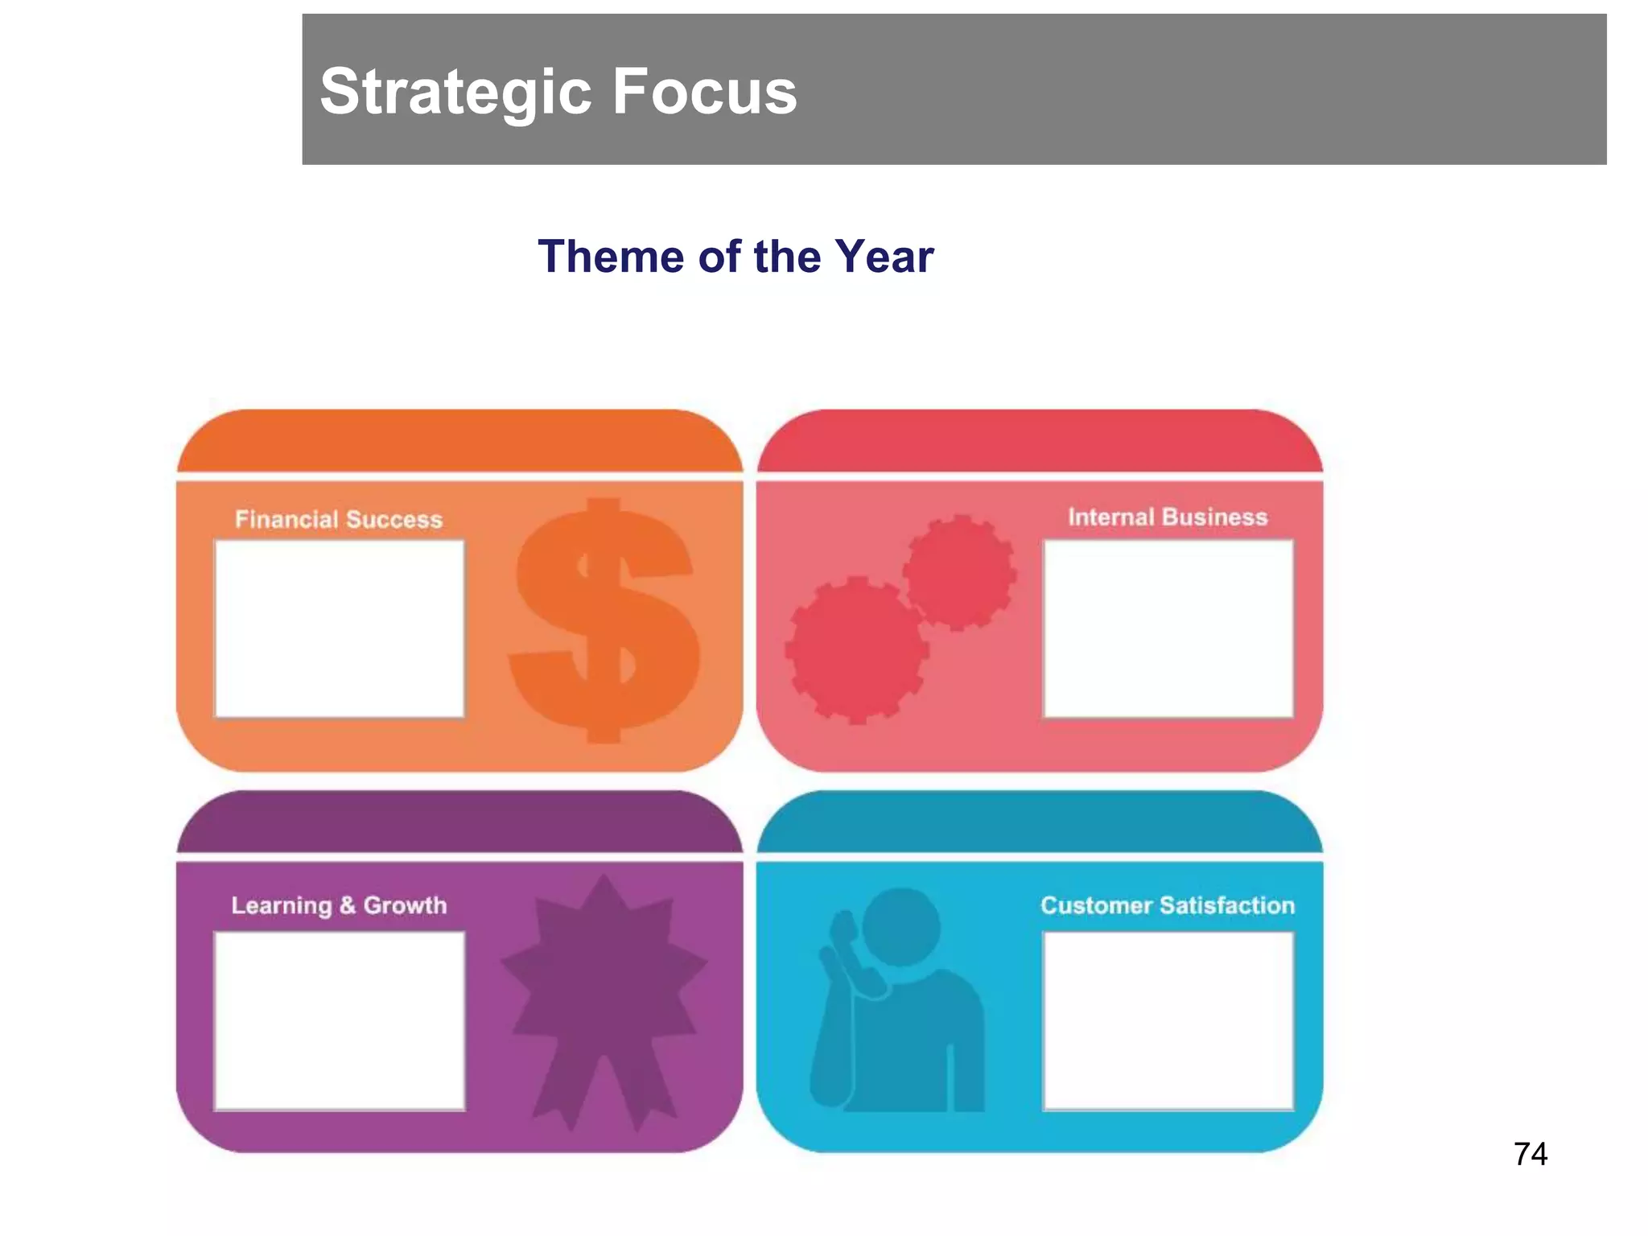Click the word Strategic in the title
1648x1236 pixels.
click(x=459, y=92)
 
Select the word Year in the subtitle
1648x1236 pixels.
click(x=884, y=257)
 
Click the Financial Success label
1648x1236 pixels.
click(x=339, y=519)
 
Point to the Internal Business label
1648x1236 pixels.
click(x=1167, y=517)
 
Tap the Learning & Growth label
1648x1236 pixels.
click(x=339, y=905)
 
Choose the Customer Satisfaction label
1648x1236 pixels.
click(x=1167, y=905)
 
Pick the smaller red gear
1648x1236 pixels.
click(x=959, y=572)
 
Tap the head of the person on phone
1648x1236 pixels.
click(x=901, y=925)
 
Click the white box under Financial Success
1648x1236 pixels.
click(x=339, y=628)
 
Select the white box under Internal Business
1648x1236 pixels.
click(x=1168, y=628)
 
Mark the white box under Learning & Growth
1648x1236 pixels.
click(x=339, y=1020)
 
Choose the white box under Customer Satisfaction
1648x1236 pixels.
click(x=1168, y=1020)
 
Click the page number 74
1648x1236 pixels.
click(x=1530, y=1154)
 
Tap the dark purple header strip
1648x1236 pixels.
click(x=459, y=822)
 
